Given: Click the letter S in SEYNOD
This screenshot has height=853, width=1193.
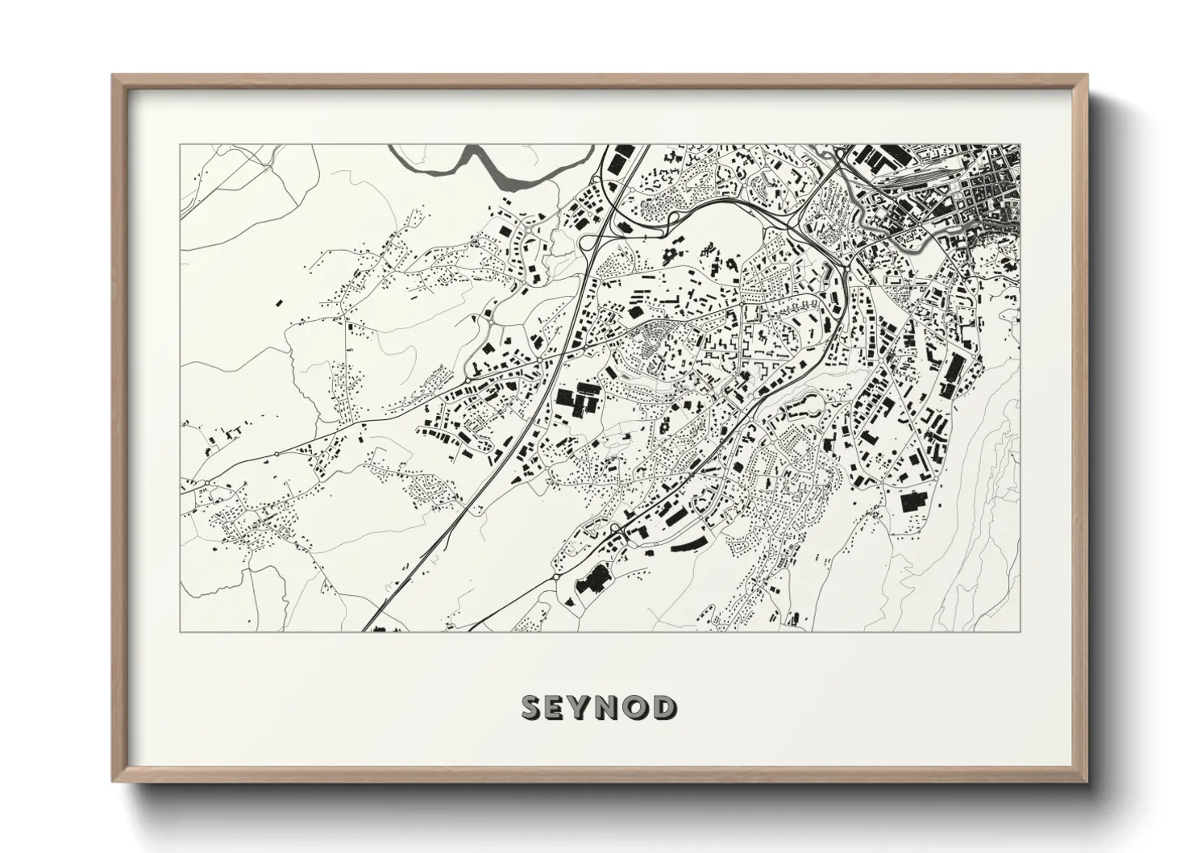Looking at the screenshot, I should coord(533,708).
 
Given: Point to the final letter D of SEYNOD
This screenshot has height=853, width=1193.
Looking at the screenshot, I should coord(665,708).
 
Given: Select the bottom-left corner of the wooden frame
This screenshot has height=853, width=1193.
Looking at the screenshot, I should coord(114,780).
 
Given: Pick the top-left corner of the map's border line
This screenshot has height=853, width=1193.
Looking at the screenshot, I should coord(180,145).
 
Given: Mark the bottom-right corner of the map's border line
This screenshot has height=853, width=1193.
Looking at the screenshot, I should coord(1021,631).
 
